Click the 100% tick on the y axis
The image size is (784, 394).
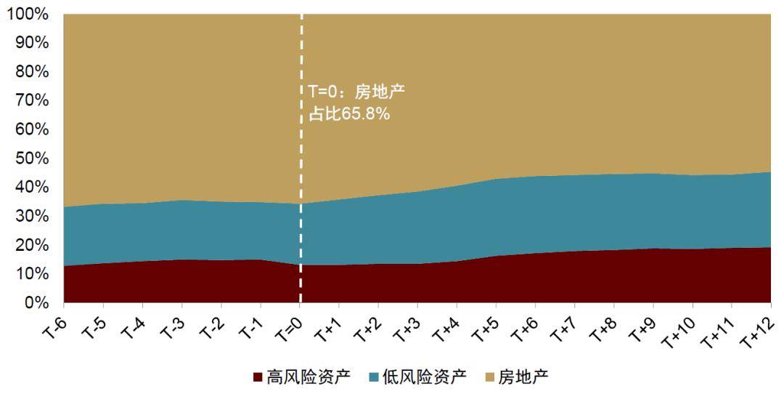[x=27, y=14]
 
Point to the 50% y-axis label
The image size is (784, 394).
[x=30, y=158]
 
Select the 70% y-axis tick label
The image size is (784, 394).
[x=30, y=100]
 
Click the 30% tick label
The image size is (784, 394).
[x=30, y=216]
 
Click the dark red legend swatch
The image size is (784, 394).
[x=258, y=377]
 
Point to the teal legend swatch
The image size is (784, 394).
[x=374, y=377]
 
